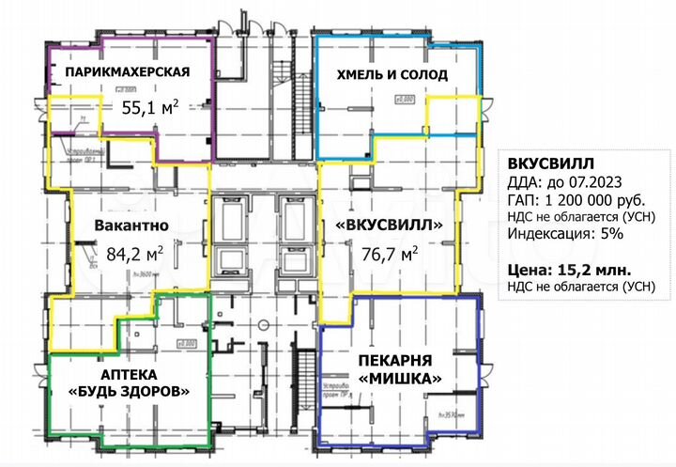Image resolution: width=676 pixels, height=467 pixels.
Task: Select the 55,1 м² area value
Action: pos(151,106)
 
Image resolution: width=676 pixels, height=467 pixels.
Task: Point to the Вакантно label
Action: pos(131,226)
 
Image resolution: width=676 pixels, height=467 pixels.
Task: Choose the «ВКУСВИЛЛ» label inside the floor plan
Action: pos(389,226)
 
